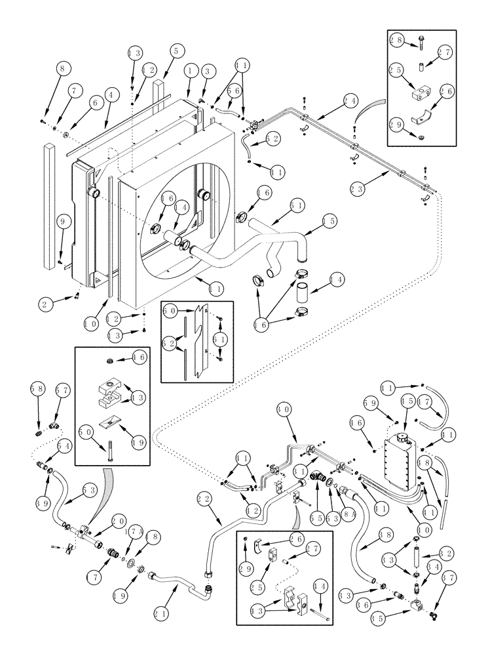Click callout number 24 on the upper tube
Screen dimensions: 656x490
click(x=350, y=101)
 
